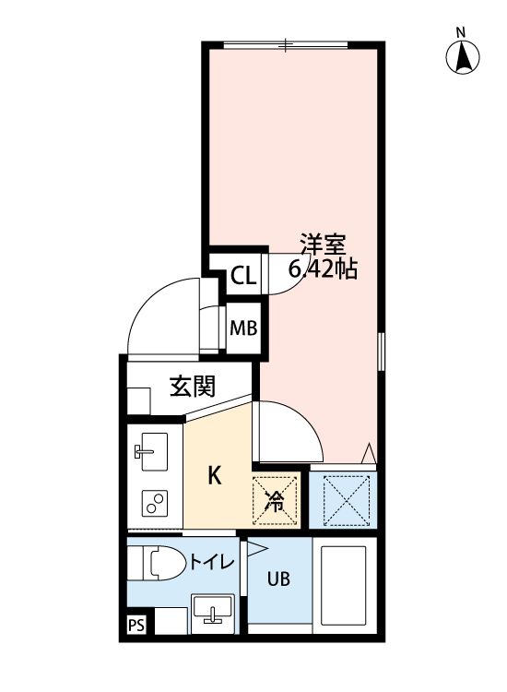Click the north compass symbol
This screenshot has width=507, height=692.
pos(464,57)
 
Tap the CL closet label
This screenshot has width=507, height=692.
pos(242,275)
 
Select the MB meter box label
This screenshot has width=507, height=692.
pos(242,328)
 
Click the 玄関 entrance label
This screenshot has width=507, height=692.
pos(192,386)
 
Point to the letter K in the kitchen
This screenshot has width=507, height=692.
pos(213,476)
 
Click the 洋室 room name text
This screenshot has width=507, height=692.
pos(322,245)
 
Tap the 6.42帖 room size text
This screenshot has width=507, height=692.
pos(323,270)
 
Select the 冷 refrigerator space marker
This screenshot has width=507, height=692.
pos(275,501)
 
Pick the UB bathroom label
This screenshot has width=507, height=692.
pos(278,579)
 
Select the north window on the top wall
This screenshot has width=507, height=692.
pos(287,43)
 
